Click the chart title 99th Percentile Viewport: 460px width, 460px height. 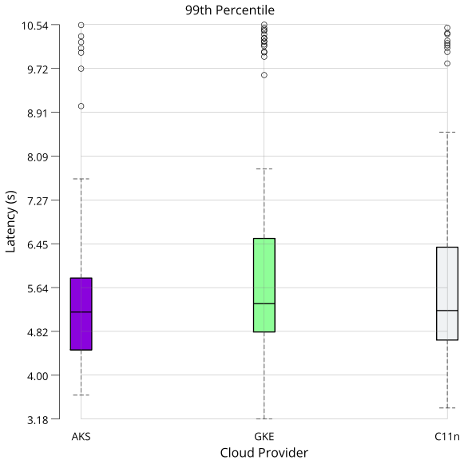tap(229, 10)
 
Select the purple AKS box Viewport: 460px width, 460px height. tap(81, 314)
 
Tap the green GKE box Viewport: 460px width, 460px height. tap(264, 285)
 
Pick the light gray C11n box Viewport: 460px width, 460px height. tap(447, 293)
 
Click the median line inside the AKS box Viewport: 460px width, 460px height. tap(81, 312)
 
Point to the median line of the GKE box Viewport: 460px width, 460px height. tap(264, 303)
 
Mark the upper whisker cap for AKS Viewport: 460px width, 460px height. tap(81, 179)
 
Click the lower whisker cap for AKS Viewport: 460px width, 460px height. tap(81, 395)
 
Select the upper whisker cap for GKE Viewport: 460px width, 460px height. tap(264, 169)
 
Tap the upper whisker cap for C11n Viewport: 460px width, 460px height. tap(447, 132)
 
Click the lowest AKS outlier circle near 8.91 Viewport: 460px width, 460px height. tap(81, 106)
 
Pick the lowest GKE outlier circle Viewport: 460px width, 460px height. tap(264, 75)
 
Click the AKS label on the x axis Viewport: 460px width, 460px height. tap(81, 437)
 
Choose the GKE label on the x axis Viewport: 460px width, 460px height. tap(264, 437)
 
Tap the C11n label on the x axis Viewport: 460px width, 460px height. tap(447, 437)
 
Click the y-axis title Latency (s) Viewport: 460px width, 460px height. tap(10, 221)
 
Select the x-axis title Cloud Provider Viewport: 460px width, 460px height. tap(264, 453)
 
